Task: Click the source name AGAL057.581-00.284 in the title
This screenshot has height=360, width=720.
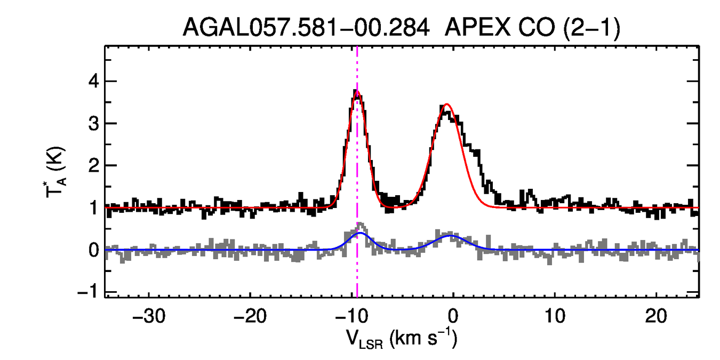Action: coord(306,27)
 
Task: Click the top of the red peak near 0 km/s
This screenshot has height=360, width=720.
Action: coord(446,104)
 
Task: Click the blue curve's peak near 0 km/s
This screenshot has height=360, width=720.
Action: coord(451,235)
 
